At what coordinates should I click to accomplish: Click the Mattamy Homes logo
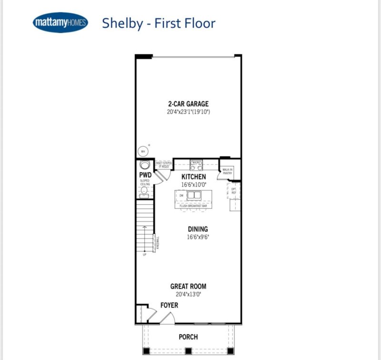point(60,23)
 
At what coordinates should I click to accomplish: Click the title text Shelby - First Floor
point(159,23)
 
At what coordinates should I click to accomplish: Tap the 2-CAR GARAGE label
point(188,104)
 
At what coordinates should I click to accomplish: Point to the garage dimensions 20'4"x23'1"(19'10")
point(188,112)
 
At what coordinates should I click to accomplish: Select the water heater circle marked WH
point(143,151)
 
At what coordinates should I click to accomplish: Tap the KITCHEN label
point(193,177)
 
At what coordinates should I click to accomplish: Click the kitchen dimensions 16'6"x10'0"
point(193,184)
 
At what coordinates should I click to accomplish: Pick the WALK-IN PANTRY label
point(228,171)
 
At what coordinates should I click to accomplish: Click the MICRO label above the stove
point(196,162)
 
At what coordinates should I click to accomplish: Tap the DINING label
point(198,229)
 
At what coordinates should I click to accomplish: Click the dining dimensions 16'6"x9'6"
point(198,237)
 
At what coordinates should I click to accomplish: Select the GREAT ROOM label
point(188,287)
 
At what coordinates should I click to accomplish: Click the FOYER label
point(169,305)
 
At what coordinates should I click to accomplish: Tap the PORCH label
point(188,337)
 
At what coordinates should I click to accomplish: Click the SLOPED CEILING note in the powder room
point(145,182)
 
